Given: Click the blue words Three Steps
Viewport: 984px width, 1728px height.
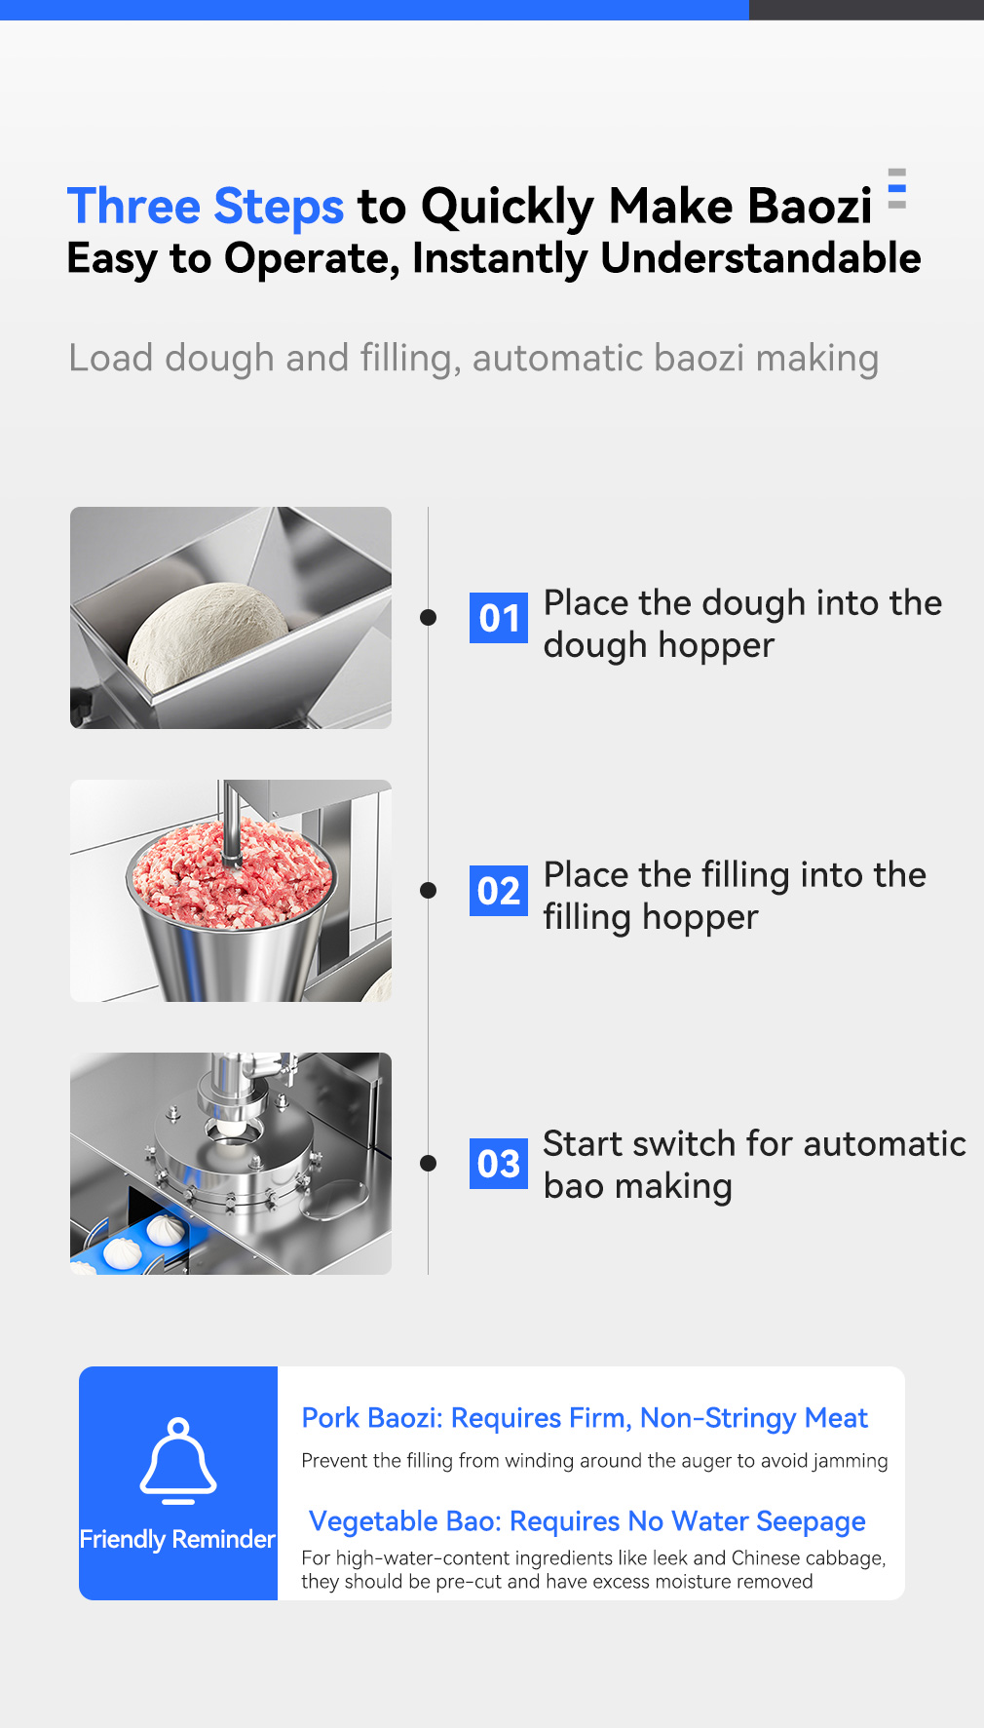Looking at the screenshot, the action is tap(206, 207).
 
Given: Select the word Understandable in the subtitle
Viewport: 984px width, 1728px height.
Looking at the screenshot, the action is tap(761, 258).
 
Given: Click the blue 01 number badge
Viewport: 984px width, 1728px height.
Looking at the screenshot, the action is tap(499, 618).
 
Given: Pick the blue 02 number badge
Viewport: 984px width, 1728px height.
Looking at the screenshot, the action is tap(499, 891).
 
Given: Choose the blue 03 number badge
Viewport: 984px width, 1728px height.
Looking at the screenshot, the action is tap(499, 1164).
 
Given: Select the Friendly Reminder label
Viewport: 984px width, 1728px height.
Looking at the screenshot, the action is tap(177, 1539).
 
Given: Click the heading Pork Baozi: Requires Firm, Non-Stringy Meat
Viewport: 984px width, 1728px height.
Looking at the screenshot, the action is tap(585, 1418).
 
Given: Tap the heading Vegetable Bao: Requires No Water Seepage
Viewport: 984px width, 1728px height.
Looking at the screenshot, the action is tap(587, 1521).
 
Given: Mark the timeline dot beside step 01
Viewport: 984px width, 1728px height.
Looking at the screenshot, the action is tap(428, 617).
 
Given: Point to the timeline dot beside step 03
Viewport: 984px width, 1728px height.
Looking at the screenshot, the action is tap(428, 1163).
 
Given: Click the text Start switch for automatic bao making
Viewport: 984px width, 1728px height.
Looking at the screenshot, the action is tap(754, 1165).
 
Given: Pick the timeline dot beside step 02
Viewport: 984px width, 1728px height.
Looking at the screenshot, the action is tap(428, 890).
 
